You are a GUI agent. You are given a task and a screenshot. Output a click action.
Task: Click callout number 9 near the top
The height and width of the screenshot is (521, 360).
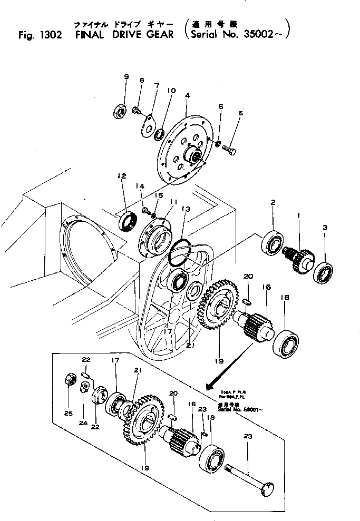(126, 77)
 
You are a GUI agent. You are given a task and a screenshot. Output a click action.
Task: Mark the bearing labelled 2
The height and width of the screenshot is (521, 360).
(273, 242)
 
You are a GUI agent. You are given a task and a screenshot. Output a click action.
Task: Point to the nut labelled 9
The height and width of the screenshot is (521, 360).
(120, 111)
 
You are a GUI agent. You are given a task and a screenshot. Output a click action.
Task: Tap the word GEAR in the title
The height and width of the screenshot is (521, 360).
(158, 35)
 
